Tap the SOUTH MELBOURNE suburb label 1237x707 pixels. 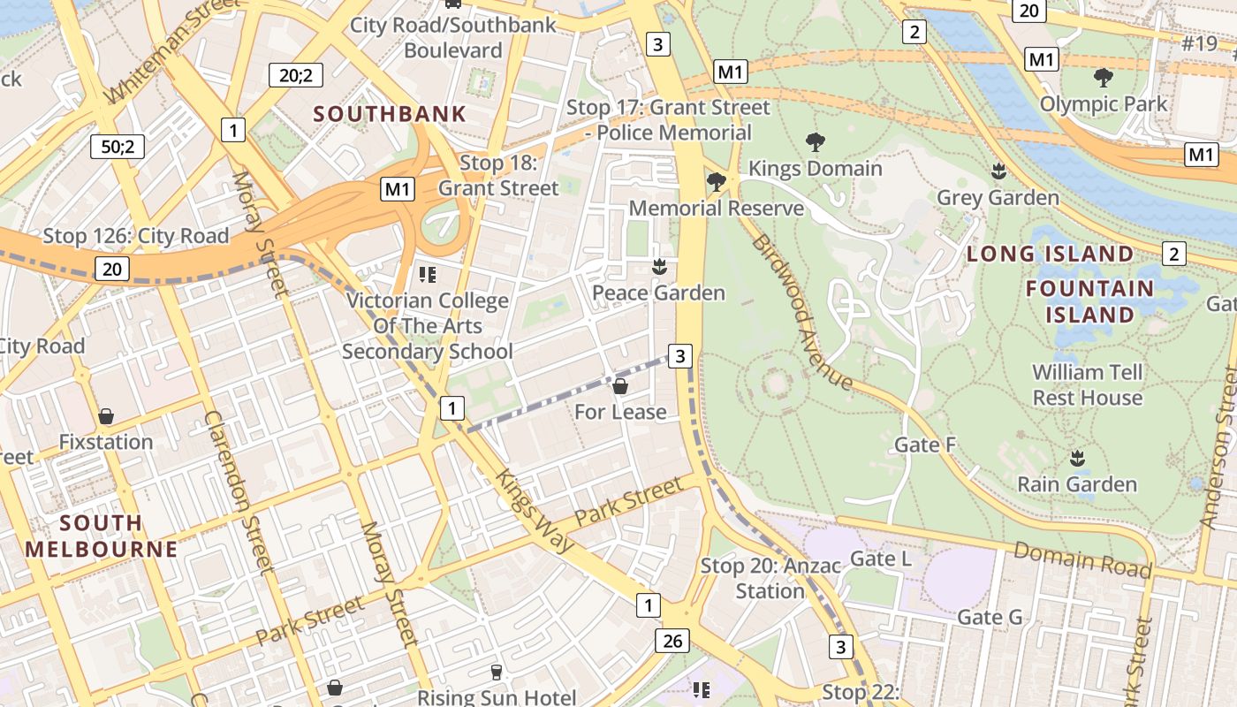pyautogui.click(x=101, y=536)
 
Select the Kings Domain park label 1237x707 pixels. pyautogui.click(x=815, y=168)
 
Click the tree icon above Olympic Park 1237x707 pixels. pyautogui.click(x=1103, y=78)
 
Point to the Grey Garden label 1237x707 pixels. pyautogui.click(x=998, y=197)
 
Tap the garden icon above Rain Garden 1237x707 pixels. pyautogui.click(x=1076, y=458)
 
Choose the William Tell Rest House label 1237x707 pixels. pyautogui.click(x=1088, y=385)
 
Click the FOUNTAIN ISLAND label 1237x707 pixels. pyautogui.click(x=1089, y=301)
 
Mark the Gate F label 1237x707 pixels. pyautogui.click(x=925, y=445)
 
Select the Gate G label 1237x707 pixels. pyautogui.click(x=990, y=617)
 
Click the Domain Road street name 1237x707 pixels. pyautogui.click(x=1081, y=559)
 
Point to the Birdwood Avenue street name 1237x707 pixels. pyautogui.click(x=801, y=312)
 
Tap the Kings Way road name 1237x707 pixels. pyautogui.click(x=535, y=511)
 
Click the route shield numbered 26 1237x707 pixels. pyautogui.click(x=672, y=641)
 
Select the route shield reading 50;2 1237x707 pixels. pyautogui.click(x=118, y=147)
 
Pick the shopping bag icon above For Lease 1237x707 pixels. pyautogui.click(x=620, y=385)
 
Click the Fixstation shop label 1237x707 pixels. pyautogui.click(x=106, y=442)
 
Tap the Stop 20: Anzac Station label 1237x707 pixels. pyautogui.click(x=770, y=578)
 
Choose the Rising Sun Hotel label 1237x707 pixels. pyautogui.click(x=497, y=697)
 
